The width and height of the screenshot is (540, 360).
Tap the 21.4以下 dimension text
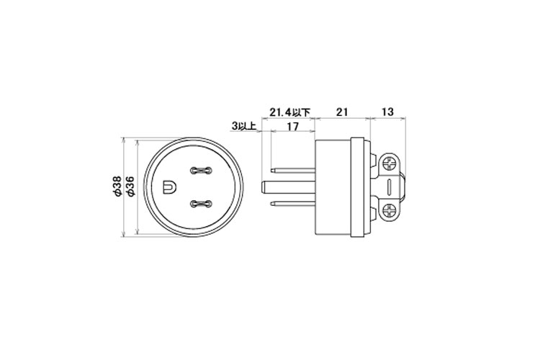(x=289, y=112)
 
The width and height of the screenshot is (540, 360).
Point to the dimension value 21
(x=343, y=112)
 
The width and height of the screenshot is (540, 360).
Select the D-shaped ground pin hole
(x=169, y=187)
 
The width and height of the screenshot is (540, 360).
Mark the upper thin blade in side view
(x=294, y=171)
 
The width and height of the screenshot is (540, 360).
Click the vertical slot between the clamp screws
(x=390, y=186)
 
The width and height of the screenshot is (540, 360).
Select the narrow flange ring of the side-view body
(x=354, y=187)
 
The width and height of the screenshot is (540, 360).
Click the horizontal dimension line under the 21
(x=343, y=118)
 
